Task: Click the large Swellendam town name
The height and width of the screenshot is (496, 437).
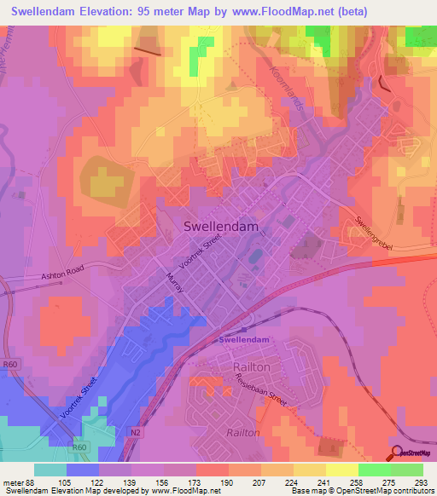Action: pyautogui.click(x=221, y=227)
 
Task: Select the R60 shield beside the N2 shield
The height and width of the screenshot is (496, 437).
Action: pyautogui.click(x=80, y=446)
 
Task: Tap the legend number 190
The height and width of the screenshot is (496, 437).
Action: pyautogui.click(x=228, y=482)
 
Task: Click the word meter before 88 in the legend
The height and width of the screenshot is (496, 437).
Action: pyautogui.click(x=15, y=482)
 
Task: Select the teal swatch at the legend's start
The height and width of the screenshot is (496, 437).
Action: pyautogui.click(x=50, y=470)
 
